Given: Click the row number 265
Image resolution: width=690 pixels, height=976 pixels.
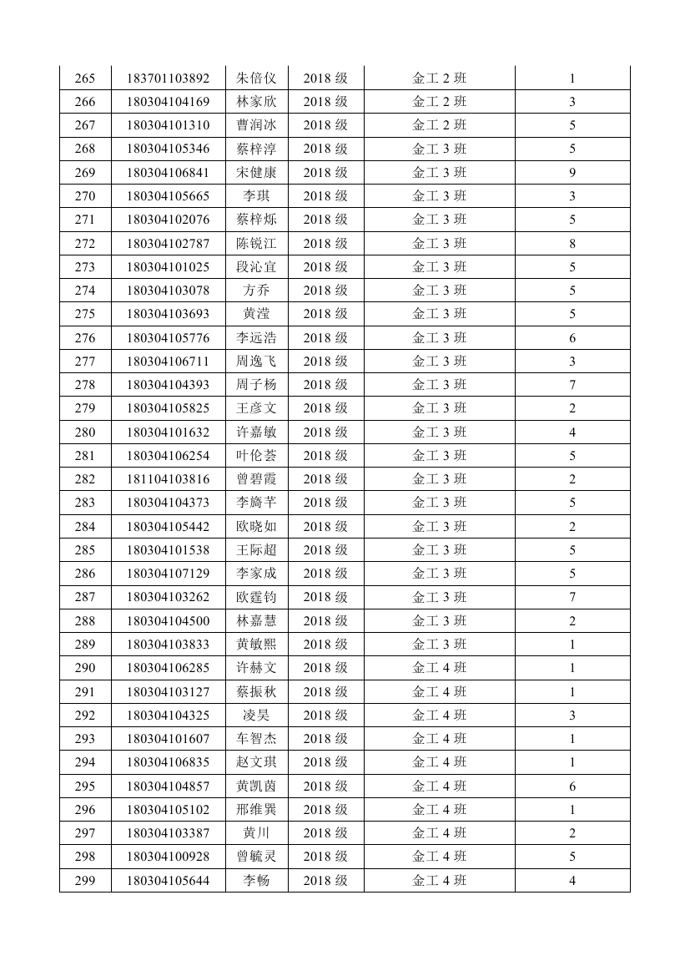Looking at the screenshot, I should point(85,78).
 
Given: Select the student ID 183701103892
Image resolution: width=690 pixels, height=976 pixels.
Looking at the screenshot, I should point(168,78).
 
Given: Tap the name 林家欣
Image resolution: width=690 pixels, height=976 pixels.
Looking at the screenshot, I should point(256,102).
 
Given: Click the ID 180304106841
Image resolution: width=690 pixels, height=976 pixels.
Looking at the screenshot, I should point(168,173).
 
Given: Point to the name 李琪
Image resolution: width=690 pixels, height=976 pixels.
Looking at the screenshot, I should point(256,196).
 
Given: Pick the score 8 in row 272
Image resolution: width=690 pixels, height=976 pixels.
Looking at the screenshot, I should point(572,244).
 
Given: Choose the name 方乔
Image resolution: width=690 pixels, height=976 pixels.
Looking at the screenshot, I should point(256,291).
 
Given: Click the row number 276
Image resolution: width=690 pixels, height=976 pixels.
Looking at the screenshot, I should point(85,338).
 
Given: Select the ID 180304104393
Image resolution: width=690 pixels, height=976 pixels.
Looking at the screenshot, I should point(168,385).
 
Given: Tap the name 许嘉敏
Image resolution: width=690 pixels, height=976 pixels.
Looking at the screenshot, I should point(256,432).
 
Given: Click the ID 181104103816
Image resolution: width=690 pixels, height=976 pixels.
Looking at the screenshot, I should point(168,479).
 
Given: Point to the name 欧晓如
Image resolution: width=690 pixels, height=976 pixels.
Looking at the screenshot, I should point(256,527).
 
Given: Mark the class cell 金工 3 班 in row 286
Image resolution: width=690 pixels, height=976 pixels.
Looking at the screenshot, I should point(440,574).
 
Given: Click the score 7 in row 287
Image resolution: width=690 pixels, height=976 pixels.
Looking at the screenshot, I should point(572,597).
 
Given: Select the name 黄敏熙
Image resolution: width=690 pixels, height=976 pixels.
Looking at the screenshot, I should point(256,645).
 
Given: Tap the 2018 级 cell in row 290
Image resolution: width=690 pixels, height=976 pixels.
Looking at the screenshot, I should point(325,668).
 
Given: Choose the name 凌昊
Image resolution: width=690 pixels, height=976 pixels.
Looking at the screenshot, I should point(256,716).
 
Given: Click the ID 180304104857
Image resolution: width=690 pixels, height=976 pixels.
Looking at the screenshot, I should point(168,786).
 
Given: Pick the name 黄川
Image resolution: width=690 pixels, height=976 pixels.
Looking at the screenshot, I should point(256,833).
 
